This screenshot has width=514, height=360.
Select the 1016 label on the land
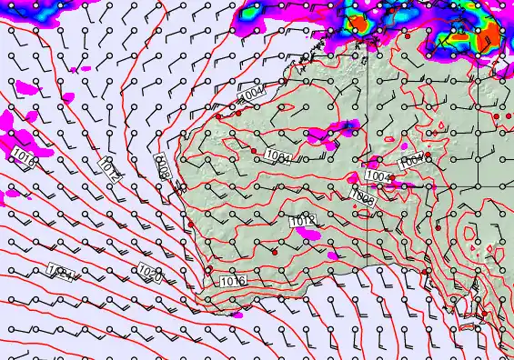point(233,282)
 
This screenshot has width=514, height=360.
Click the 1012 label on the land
point(302,221)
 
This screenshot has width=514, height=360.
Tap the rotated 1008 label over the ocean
point(164,167)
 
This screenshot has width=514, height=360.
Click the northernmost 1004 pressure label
point(251,94)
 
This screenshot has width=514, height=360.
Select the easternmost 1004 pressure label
point(412,160)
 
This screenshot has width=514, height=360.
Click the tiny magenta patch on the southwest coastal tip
point(237,314)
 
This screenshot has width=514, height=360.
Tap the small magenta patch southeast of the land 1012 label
point(332,257)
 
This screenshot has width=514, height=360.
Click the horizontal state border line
point(437,186)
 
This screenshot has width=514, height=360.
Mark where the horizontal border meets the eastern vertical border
point(368,186)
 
